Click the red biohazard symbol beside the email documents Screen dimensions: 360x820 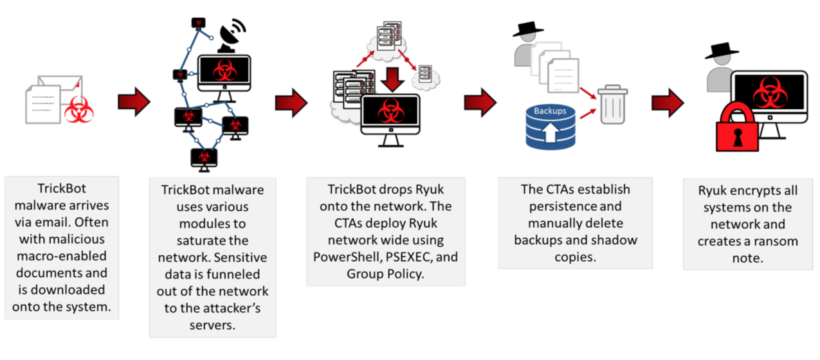[x=78, y=110]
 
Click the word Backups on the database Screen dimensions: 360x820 [x=549, y=111]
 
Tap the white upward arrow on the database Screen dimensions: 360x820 [x=550, y=132]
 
